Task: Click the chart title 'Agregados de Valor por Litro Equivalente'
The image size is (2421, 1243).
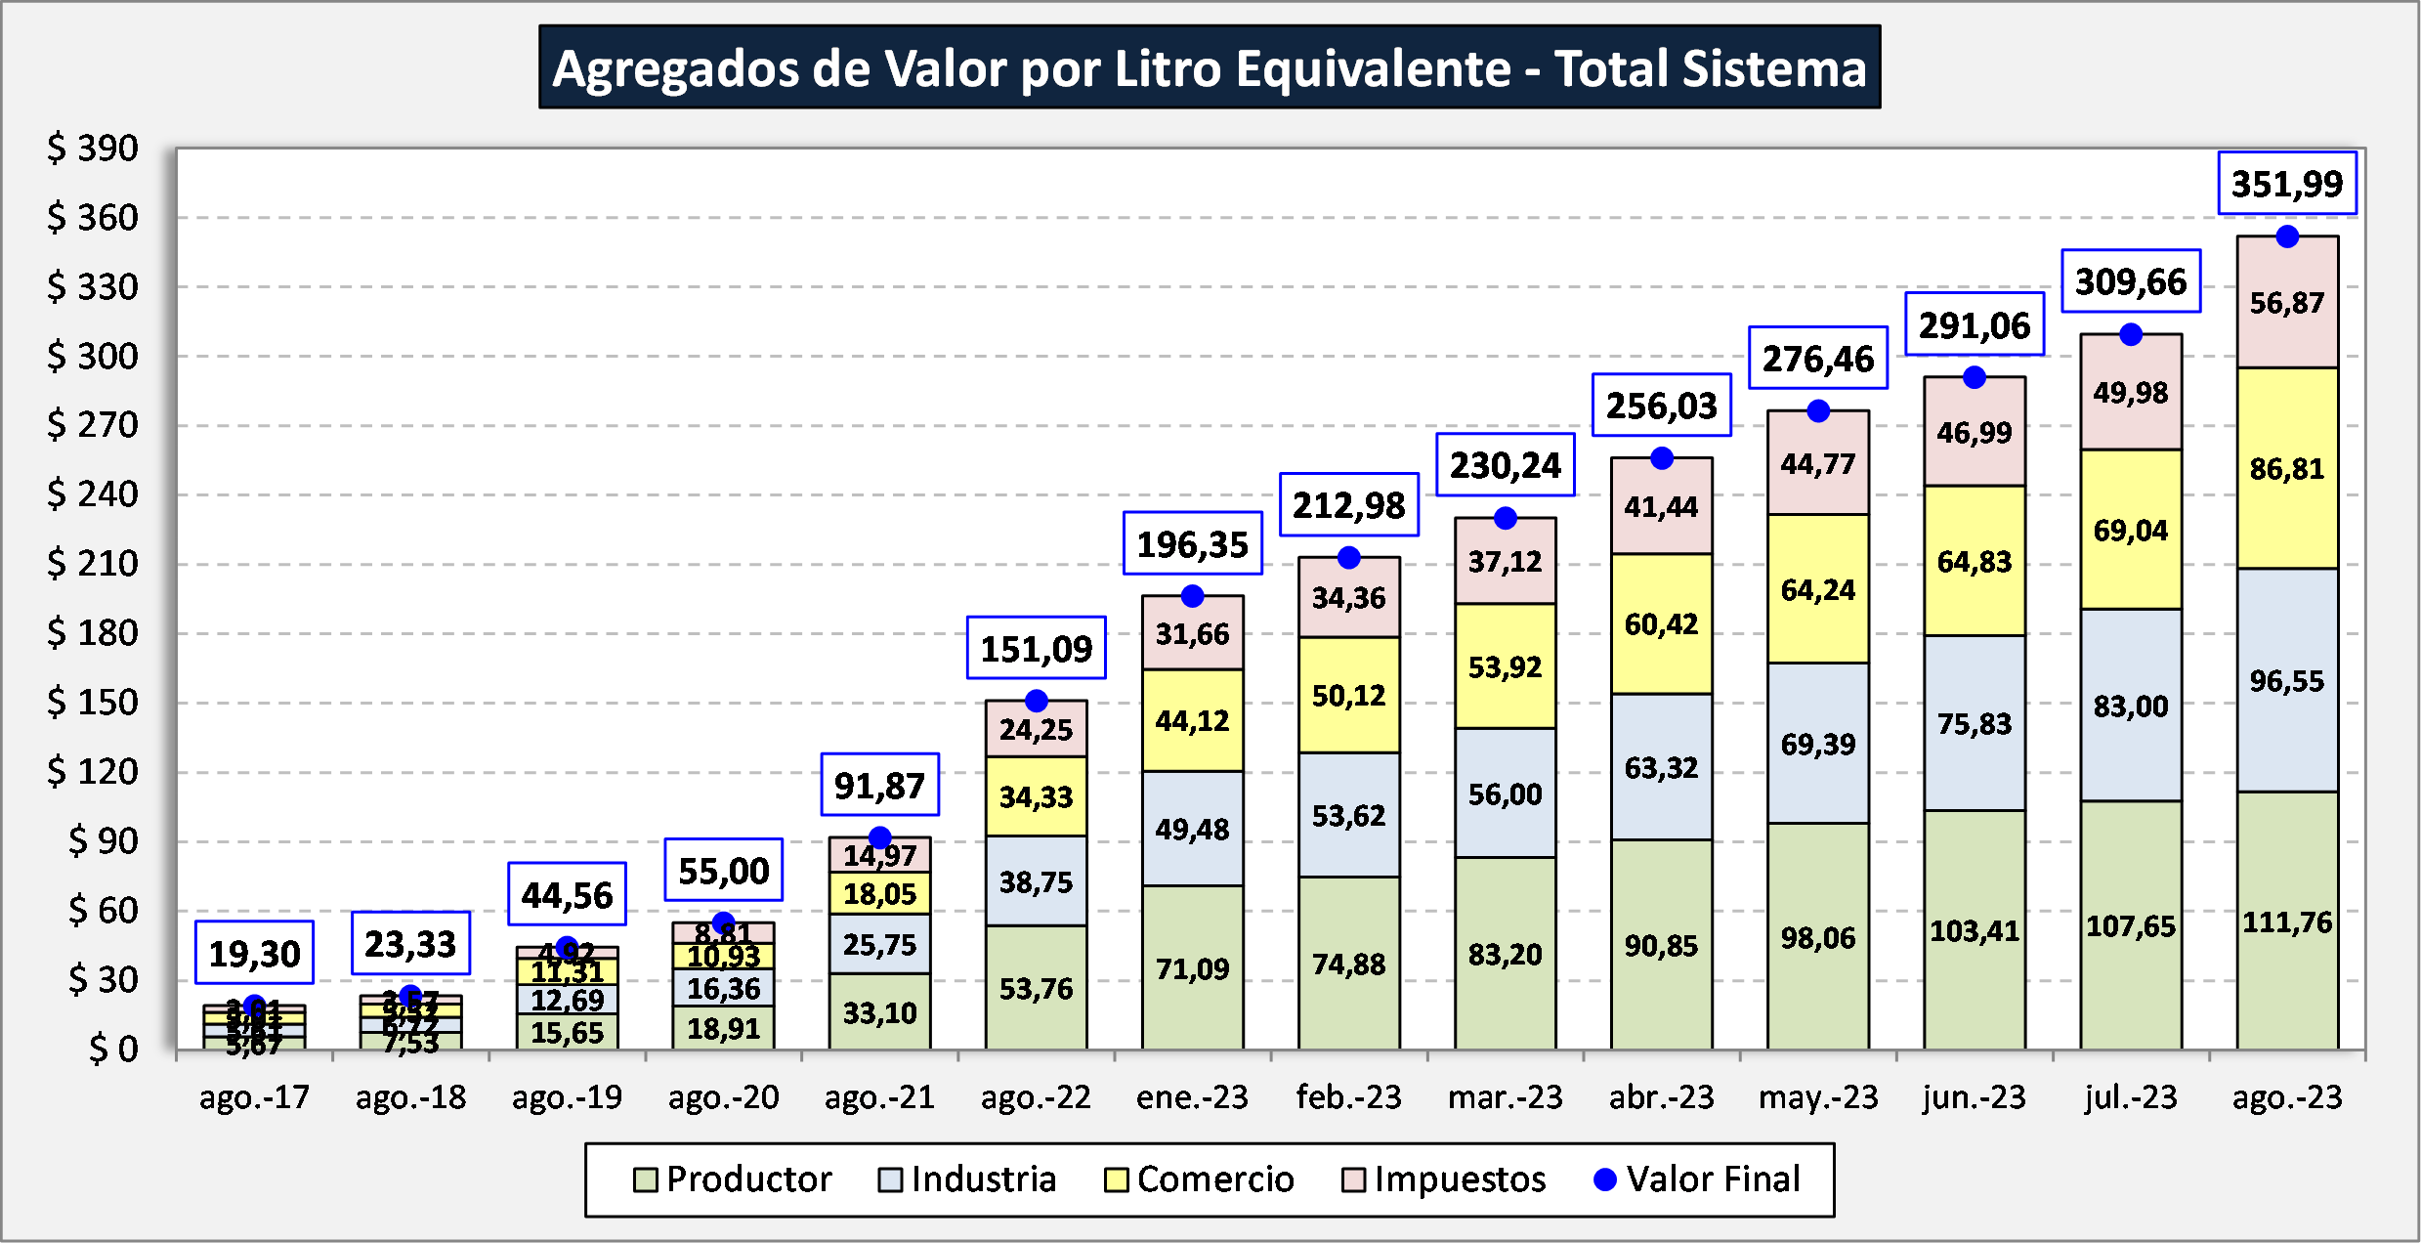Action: pyautogui.click(x=1210, y=67)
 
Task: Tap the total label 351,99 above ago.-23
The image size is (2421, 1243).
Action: pyautogui.click(x=2286, y=184)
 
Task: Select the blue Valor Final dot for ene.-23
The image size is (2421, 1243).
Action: pyautogui.click(x=1192, y=596)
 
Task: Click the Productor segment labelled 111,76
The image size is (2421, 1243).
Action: pyautogui.click(x=2286, y=921)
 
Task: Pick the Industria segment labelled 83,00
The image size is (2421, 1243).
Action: pyautogui.click(x=2130, y=705)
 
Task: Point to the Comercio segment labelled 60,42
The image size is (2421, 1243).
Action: pyautogui.click(x=1661, y=623)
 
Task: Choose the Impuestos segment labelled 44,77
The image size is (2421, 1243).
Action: pyautogui.click(x=1817, y=463)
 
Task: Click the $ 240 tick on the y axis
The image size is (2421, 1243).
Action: pyautogui.click(x=93, y=494)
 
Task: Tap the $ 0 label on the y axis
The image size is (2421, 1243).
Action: pyautogui.click(x=113, y=1050)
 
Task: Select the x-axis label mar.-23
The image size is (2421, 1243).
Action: pyautogui.click(x=1505, y=1097)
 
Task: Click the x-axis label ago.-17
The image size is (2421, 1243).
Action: pyautogui.click(x=254, y=1097)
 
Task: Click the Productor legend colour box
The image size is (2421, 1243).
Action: pyautogui.click(x=645, y=1180)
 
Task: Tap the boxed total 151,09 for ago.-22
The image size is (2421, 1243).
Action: pyautogui.click(x=1036, y=648)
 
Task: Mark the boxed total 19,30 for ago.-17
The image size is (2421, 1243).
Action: pyautogui.click(x=254, y=953)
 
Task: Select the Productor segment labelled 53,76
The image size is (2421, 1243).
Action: pyautogui.click(x=1036, y=988)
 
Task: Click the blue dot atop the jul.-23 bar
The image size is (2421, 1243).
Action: pyautogui.click(x=2131, y=334)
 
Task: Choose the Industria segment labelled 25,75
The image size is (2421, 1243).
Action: pyautogui.click(x=879, y=944)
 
